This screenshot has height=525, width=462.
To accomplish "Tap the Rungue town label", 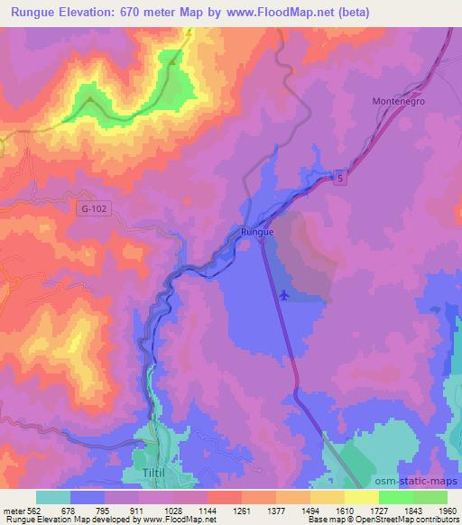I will coord(257,233).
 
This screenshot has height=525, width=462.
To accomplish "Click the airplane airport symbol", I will coord(285,294).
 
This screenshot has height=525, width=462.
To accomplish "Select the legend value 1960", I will coord(435,510).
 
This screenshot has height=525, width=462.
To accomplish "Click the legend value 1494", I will coord(297,510).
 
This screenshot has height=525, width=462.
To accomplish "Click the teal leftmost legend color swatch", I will coord(53,497).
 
